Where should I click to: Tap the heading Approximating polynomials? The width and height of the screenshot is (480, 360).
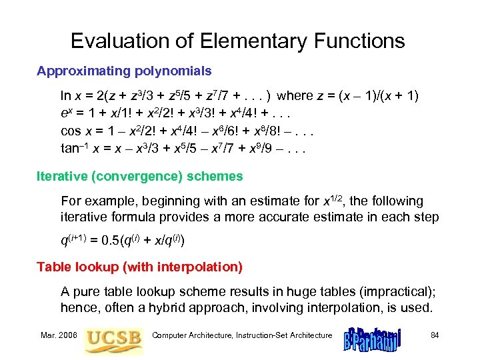[x=124, y=70]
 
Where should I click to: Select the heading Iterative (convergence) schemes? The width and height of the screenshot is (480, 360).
[x=140, y=177]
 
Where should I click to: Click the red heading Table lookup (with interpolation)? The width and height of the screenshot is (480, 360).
[x=139, y=267]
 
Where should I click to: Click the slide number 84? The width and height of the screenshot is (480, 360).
[x=434, y=335]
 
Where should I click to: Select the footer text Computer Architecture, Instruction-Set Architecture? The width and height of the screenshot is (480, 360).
[x=241, y=335]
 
